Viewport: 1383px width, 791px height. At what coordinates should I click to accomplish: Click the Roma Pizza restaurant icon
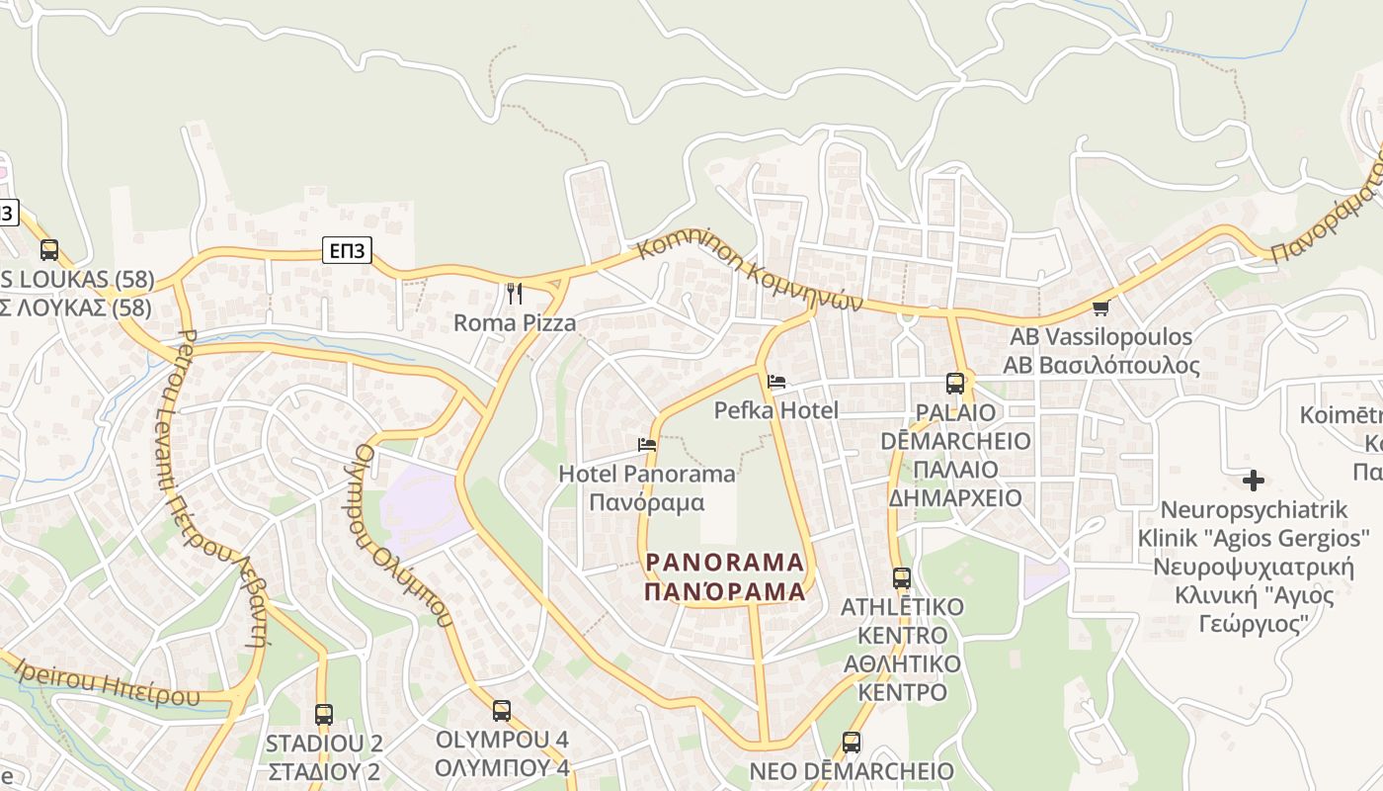514,293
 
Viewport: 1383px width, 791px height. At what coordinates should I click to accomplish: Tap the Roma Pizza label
514,322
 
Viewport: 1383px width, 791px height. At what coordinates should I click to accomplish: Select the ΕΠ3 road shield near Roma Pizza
347,251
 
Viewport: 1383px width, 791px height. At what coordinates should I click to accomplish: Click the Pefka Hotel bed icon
776,382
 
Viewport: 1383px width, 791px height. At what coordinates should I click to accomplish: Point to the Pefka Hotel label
776,410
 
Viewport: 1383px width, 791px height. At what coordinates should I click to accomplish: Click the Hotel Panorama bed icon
647,445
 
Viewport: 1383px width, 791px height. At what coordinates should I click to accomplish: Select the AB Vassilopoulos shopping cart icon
1100,308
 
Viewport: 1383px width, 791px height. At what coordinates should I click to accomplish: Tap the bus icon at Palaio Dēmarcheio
954,383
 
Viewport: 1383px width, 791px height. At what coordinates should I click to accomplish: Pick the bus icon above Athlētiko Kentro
901,577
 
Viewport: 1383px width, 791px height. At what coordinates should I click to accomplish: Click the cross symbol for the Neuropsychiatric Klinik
1254,482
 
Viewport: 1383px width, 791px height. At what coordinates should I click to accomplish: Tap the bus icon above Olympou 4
502,710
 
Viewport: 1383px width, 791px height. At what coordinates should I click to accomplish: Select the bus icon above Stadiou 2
323,714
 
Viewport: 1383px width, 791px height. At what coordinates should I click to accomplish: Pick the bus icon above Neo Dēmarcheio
851,742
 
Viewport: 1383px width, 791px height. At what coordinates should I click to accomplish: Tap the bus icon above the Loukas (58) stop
49,250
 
